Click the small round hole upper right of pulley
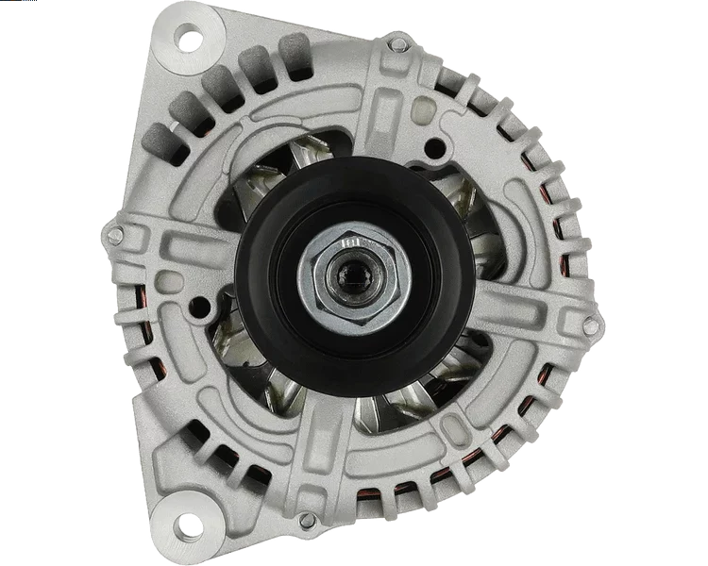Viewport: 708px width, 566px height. click(435, 149)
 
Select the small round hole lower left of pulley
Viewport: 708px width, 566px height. click(200, 308)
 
